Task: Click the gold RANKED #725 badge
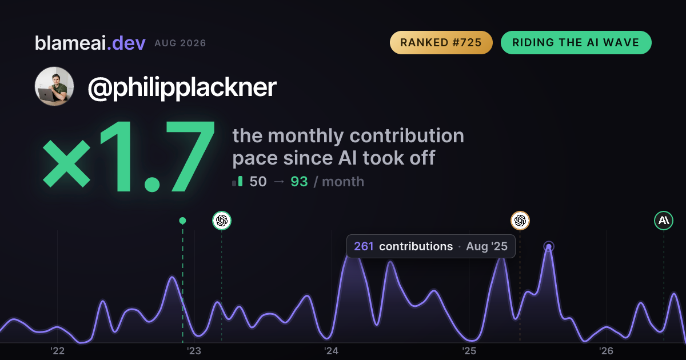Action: [x=441, y=42]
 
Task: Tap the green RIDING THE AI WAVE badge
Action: [x=576, y=42]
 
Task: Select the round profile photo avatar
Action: [x=54, y=86]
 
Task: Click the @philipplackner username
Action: [x=182, y=87]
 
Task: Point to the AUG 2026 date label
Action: [x=180, y=43]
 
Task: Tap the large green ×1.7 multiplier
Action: [x=129, y=157]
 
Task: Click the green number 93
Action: [x=299, y=182]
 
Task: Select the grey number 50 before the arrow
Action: [x=258, y=182]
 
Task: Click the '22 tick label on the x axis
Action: [x=57, y=351]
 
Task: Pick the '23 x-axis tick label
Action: [x=194, y=351]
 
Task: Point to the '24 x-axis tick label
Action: [x=332, y=351]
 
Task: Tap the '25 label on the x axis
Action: [x=469, y=351]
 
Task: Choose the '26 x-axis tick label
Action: [x=606, y=351]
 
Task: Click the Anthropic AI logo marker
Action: [x=664, y=221]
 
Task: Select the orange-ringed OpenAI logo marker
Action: [x=520, y=221]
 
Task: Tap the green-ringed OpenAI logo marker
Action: [x=222, y=221]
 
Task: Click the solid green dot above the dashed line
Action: [x=182, y=221]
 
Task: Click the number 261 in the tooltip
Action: [x=364, y=246]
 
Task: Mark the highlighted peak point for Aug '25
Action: [x=549, y=246]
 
